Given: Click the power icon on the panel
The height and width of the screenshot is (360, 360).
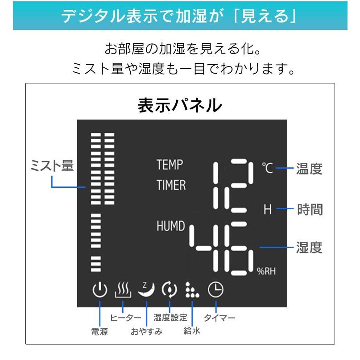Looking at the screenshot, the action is [99, 290].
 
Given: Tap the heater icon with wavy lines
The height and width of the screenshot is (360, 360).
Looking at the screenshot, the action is [123, 290].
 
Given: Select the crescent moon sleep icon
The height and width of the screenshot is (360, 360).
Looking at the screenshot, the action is [146, 290].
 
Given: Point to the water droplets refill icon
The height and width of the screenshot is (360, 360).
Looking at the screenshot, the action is [192, 290].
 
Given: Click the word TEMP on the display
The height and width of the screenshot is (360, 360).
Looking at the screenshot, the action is [170, 165].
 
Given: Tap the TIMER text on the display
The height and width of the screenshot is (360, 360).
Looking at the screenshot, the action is [171, 185].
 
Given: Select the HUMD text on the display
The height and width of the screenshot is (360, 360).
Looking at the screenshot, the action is [170, 226].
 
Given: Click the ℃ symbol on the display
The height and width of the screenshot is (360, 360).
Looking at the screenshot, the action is [267, 168].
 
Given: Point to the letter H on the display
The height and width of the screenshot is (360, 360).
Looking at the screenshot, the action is [267, 209].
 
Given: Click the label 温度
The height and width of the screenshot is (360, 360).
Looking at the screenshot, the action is [309, 169].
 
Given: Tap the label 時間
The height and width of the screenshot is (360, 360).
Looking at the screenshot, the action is [310, 209].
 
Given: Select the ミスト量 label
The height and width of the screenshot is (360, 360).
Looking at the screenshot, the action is [52, 166].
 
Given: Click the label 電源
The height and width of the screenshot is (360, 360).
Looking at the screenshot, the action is [99, 331].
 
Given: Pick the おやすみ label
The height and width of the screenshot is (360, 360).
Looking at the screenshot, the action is [146, 331].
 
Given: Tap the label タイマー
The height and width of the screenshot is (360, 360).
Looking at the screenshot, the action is [219, 318].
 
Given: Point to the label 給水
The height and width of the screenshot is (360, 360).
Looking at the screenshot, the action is [192, 331].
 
